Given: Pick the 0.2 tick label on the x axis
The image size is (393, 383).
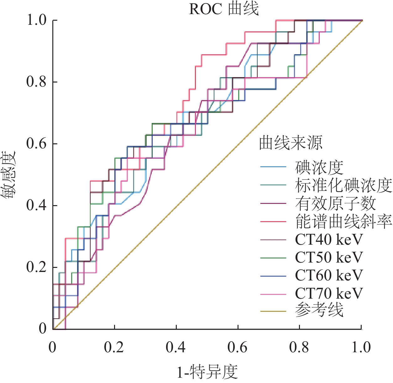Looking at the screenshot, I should pos(114,348).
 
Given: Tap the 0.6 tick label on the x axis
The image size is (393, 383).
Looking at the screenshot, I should pos(238,348).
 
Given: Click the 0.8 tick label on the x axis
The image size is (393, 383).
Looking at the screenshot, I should pos(299,348).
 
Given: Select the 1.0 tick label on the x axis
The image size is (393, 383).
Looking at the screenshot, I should pos(361,348).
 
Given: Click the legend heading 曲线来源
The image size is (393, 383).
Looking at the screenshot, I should pos(291,143).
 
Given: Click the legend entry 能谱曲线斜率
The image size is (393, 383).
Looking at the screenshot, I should pos(343,221).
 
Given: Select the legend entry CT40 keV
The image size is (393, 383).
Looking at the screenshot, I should pos(328,240).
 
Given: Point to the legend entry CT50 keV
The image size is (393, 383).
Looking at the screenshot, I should pos(328,258).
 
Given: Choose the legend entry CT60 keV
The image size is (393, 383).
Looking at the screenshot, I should pos(328,276).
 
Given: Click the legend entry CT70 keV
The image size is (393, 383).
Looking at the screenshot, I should pos(328,294).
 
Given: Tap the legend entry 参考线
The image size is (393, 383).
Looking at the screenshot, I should pos(319,311).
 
